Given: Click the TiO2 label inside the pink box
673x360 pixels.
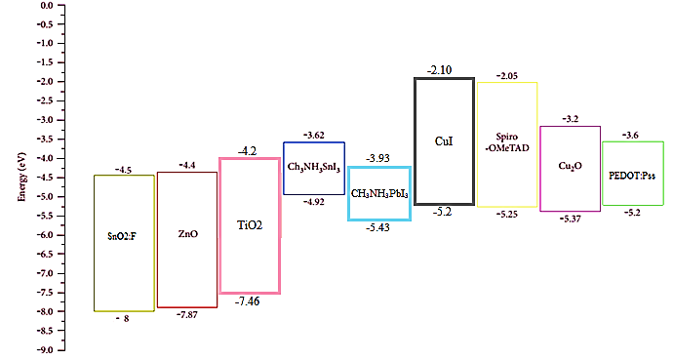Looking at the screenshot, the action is point(250,225).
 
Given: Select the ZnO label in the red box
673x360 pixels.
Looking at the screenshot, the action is point(188,234).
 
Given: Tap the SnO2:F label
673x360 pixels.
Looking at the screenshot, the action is point(122,236).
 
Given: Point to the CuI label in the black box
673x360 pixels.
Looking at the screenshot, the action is point(444,141).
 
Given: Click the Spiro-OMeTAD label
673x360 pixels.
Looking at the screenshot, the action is point(507,142).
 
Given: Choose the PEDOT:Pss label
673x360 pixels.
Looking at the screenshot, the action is point(632,176).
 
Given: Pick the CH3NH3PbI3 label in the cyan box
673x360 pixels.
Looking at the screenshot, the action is point(379,194).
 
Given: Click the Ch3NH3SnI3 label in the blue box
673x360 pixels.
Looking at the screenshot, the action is point(314,167).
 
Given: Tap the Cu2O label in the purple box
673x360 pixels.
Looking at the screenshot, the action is point(570,166).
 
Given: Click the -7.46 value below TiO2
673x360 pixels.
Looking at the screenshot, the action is point(247,301).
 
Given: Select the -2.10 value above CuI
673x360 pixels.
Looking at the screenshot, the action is point(439,70).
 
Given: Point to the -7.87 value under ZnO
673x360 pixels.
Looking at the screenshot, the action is point(187,314).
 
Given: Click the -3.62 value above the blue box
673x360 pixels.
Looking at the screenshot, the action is point(314,136).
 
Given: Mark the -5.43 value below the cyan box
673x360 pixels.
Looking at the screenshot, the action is point(377,227).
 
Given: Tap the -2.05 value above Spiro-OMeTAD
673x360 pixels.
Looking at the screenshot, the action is point(507,76).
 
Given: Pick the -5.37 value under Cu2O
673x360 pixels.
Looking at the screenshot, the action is point(570,219).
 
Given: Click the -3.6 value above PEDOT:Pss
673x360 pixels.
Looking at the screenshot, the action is point(630,136).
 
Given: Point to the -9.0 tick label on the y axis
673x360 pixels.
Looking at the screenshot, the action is point(44,350).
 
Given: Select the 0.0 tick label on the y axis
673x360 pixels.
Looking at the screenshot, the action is point(47,6).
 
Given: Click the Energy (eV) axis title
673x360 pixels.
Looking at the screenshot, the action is point(21,177).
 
